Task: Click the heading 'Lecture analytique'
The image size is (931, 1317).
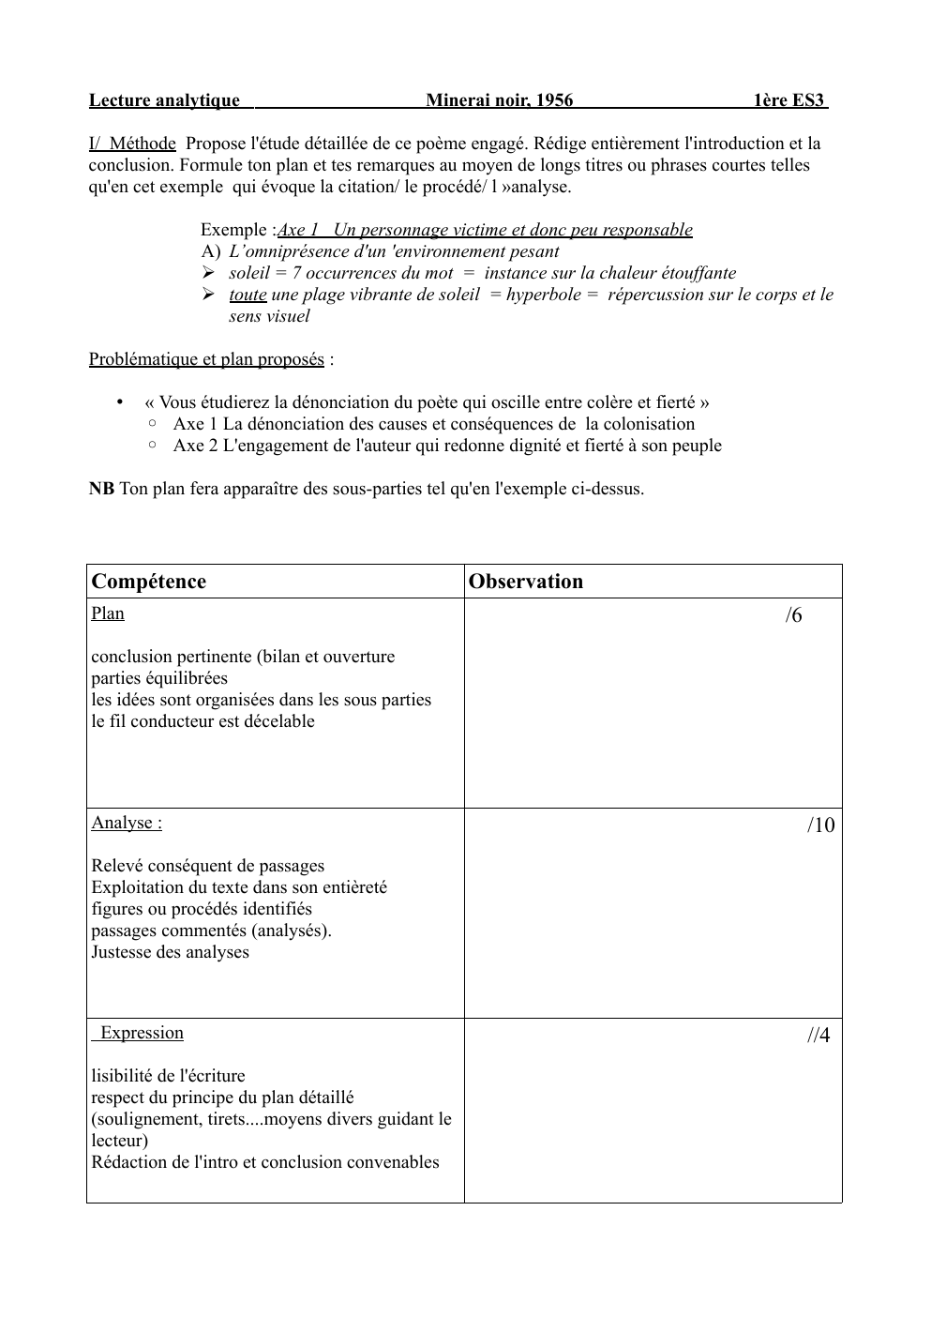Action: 164,100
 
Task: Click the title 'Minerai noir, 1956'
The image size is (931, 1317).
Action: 499,100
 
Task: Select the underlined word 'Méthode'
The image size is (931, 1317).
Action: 142,144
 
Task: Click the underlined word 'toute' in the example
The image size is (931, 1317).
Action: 248,295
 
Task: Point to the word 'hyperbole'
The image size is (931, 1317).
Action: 543,295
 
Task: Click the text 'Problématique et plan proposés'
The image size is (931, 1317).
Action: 206,359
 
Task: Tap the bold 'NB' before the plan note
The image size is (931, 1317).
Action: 101,489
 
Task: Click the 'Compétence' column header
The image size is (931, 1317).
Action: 149,582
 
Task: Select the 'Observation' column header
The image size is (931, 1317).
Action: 526,582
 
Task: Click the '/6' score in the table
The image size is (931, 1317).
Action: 793,615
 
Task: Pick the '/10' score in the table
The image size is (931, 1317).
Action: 820,825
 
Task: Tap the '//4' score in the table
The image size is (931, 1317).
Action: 818,1036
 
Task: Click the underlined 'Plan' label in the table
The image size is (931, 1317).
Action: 108,613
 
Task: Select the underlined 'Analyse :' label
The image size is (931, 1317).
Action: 127,824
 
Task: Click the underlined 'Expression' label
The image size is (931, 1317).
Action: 142,1033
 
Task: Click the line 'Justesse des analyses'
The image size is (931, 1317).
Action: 170,952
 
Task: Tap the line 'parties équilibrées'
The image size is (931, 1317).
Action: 159,678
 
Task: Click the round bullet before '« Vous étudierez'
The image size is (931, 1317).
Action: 120,402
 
